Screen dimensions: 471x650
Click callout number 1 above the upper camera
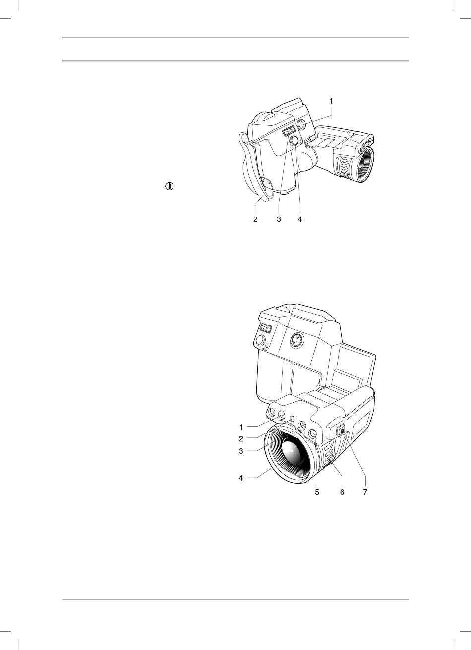(331, 101)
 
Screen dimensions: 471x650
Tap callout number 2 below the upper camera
(255, 219)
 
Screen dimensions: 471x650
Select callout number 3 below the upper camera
(279, 219)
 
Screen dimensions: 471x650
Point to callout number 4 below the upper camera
(300, 219)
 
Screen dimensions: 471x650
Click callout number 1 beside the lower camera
(241, 427)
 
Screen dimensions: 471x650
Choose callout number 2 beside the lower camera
(241, 439)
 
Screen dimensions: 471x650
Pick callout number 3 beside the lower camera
(241, 451)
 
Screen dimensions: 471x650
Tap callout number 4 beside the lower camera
(241, 478)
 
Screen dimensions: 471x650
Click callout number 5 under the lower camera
(317, 492)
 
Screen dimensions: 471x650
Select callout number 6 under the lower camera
(342, 492)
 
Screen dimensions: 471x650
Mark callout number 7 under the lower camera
(365, 492)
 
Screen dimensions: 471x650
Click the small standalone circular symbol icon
(169, 186)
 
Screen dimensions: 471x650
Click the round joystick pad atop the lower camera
(297, 340)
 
